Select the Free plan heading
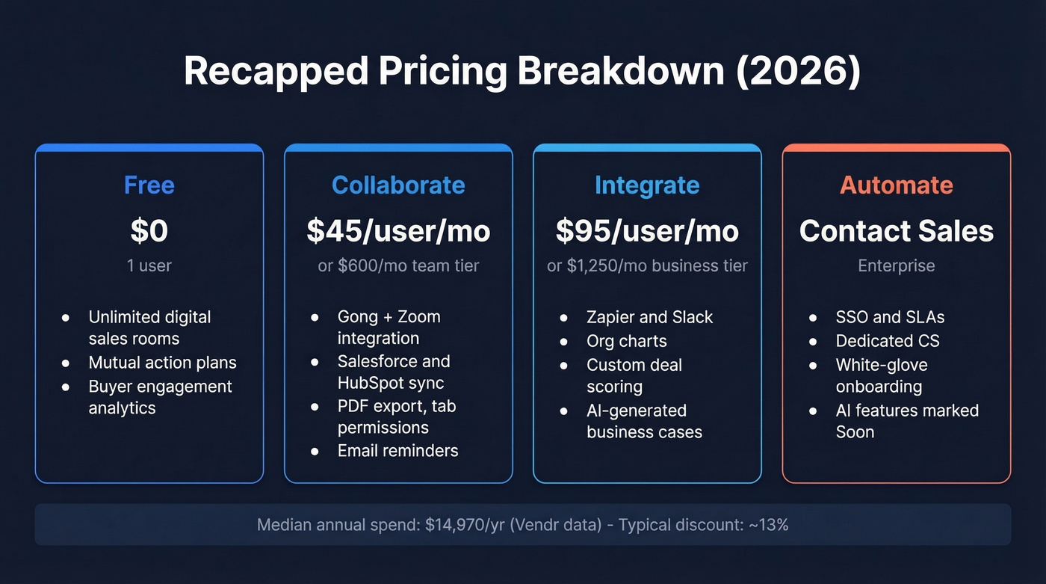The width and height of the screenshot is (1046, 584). pos(149,185)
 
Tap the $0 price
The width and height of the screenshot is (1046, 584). pos(149,231)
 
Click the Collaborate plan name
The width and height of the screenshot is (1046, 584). pos(398,185)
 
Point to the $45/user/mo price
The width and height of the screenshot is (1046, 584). pos(398,231)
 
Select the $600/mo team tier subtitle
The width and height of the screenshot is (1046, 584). pos(398,265)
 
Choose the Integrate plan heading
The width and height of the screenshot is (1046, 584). pos(647,185)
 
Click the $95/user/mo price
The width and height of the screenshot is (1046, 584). pos(647,231)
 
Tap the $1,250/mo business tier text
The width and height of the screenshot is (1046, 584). pos(647,265)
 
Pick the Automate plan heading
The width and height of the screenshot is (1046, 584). pos(896,185)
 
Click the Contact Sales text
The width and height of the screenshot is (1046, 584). pos(896,231)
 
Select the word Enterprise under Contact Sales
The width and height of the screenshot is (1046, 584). pos(896,265)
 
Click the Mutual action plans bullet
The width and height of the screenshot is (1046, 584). pos(162,363)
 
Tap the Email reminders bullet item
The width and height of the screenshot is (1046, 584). pos(397,451)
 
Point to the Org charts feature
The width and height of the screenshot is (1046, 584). pos(626,341)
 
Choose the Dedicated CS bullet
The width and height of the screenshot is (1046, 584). pos(888,341)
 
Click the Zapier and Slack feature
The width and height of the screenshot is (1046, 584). pos(649,317)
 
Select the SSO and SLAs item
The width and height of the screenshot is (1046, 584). pos(890,317)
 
